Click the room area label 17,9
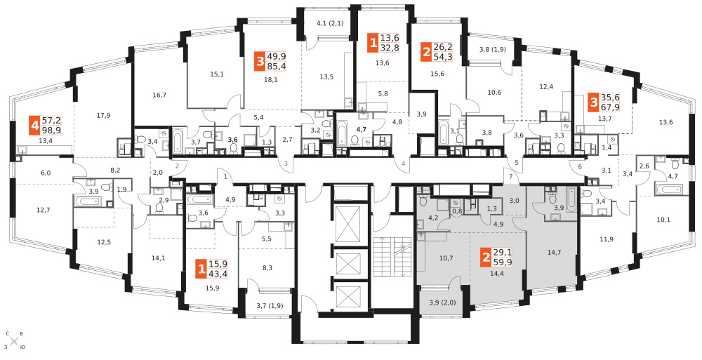click(103, 115)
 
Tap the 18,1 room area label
click(271, 80)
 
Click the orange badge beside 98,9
click(34, 125)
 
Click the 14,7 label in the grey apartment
click(555, 252)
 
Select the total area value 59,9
click(502, 263)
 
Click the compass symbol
click(14, 341)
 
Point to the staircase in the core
click(391, 256)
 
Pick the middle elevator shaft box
click(347, 260)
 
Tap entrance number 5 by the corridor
click(516, 162)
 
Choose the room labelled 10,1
click(663, 220)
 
